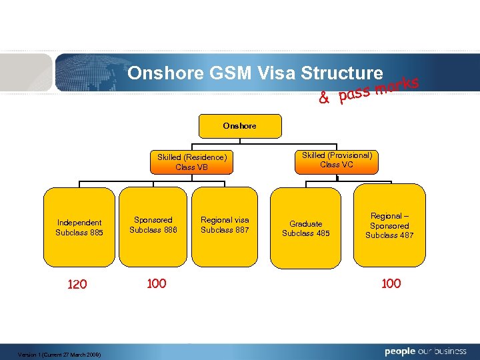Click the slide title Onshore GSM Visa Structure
(x=255, y=73)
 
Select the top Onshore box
(x=240, y=125)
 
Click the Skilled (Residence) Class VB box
(x=192, y=162)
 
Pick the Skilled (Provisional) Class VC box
(x=337, y=160)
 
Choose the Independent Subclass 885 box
(x=79, y=227)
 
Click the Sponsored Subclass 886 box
(x=153, y=225)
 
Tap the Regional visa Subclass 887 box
(x=225, y=225)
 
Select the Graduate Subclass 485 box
(x=306, y=228)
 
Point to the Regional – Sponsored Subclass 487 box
(x=389, y=225)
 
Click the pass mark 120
(x=77, y=285)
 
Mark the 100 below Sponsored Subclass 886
(x=156, y=284)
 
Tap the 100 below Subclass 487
(x=391, y=284)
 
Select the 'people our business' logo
(x=425, y=351)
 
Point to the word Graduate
(x=306, y=224)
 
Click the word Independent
(x=79, y=223)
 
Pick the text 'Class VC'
(x=337, y=165)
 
